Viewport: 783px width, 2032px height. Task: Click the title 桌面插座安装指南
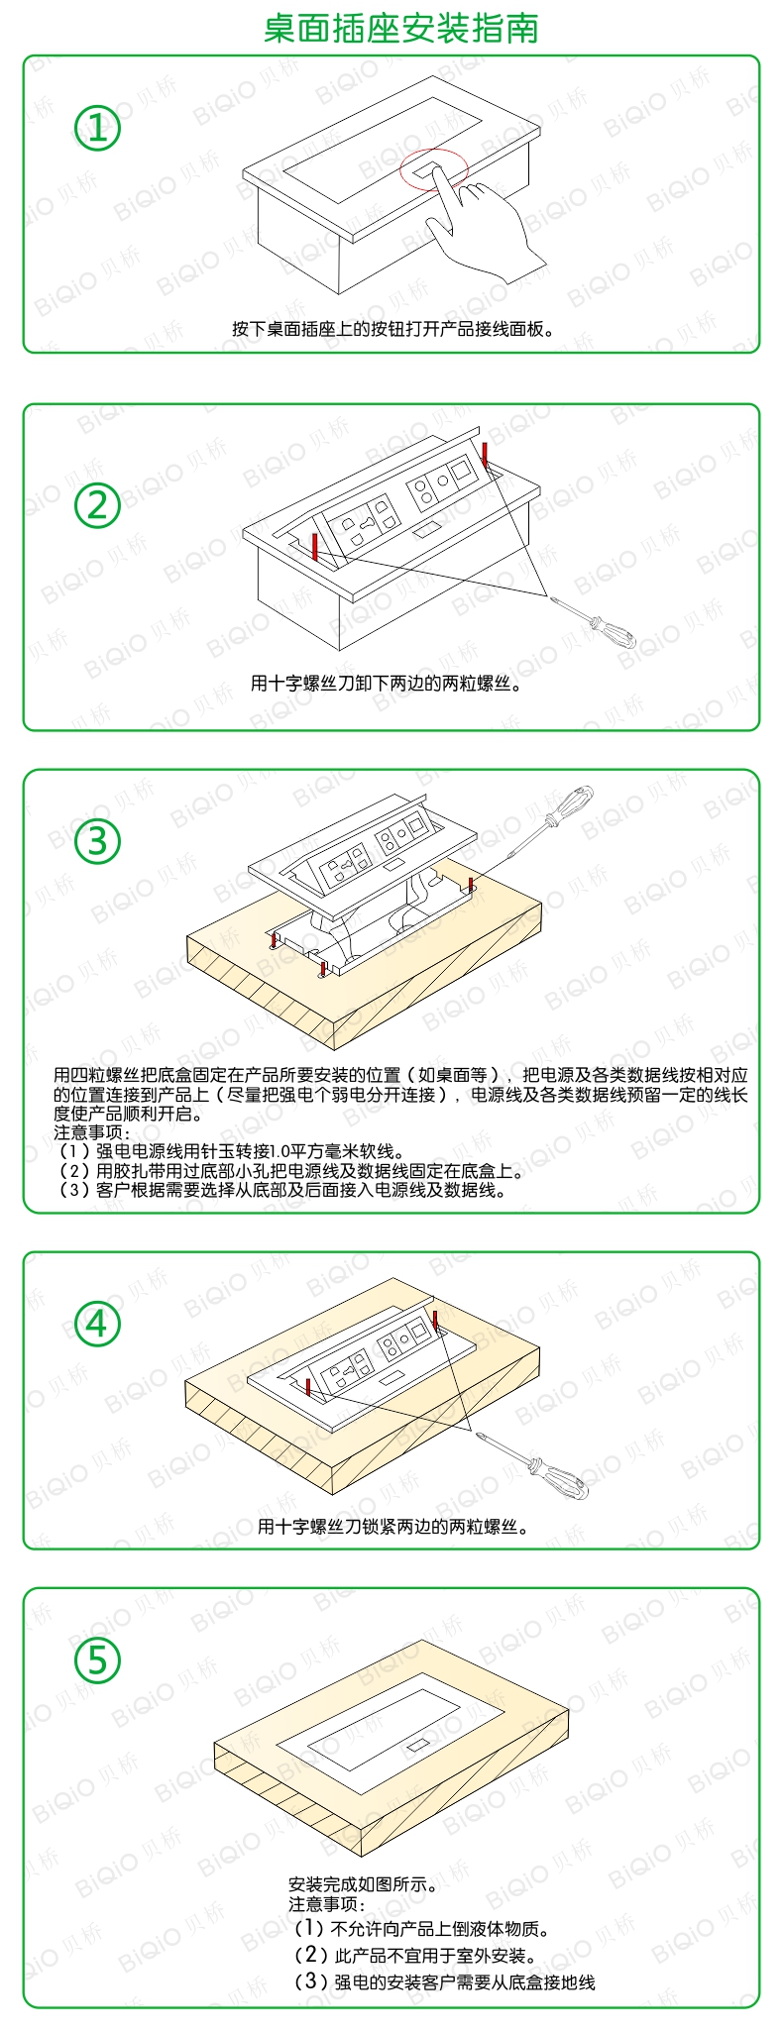pos(401,28)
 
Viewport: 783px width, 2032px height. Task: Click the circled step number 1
pos(97,128)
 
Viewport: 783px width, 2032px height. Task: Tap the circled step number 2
pos(97,504)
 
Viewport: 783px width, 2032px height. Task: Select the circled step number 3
pos(97,841)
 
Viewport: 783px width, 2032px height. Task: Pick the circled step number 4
pos(97,1324)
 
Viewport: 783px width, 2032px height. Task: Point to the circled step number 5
pos(97,1659)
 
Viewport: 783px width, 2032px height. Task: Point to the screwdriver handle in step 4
pos(562,1471)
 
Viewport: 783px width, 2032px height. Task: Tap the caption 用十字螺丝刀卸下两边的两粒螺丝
pos(387,683)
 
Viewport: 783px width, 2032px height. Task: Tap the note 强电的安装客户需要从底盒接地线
pos(445,1981)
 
